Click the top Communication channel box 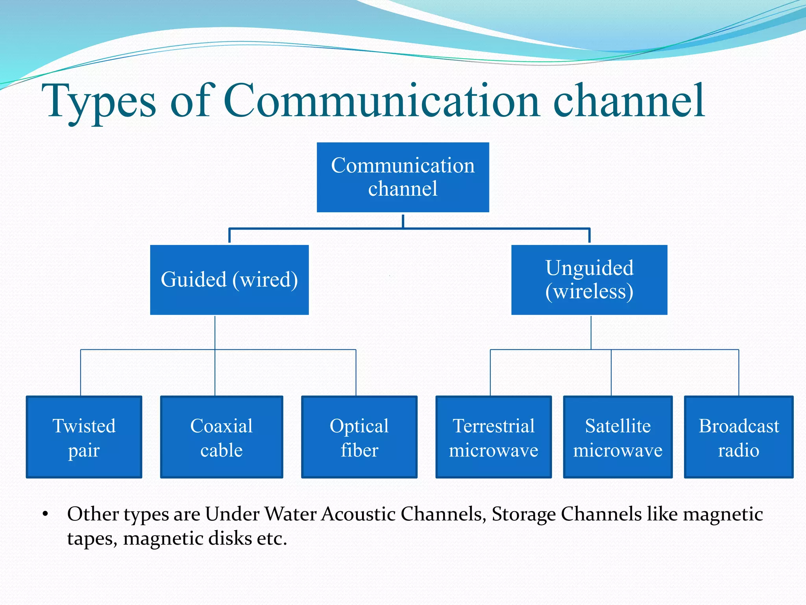tap(403, 177)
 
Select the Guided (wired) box tap(229, 280)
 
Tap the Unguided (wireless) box tap(589, 280)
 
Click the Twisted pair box tap(84, 437)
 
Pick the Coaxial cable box tap(222, 437)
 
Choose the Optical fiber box tap(359, 437)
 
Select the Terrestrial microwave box tap(494, 437)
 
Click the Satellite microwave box tap(617, 437)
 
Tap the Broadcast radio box tap(739, 437)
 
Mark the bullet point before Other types tap(45, 514)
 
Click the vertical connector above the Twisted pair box tap(81, 372)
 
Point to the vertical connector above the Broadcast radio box tap(739, 372)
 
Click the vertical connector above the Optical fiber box tap(356, 372)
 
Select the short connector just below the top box tap(403, 221)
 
